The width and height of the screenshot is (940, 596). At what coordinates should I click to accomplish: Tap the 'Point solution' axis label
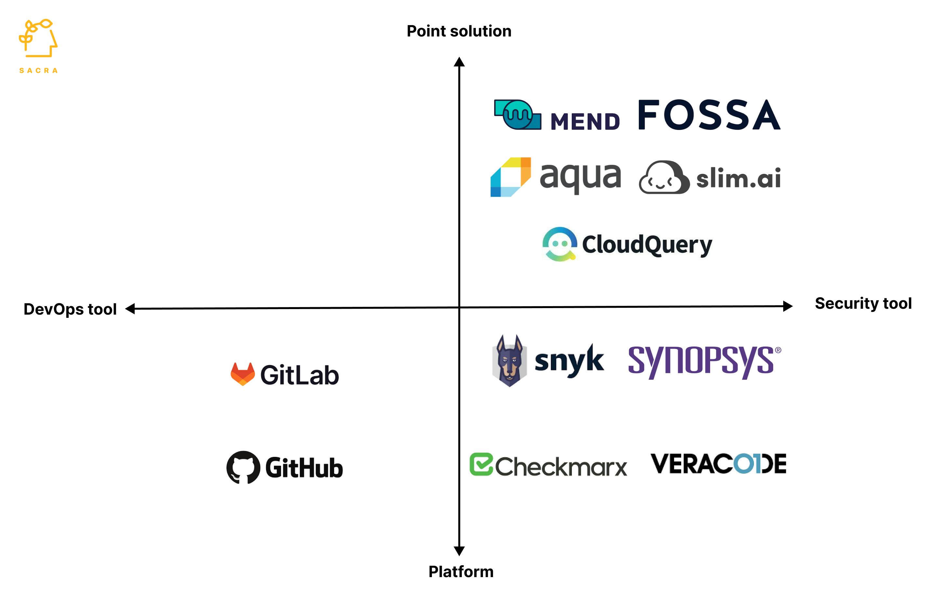(459, 31)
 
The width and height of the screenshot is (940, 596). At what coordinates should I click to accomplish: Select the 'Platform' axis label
(461, 571)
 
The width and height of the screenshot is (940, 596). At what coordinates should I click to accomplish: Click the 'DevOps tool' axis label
(70, 309)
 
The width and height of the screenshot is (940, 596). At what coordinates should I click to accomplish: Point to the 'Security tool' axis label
(863, 303)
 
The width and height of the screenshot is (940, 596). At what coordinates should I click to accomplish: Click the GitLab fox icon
(242, 374)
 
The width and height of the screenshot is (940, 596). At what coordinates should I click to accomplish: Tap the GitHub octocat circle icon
(243, 467)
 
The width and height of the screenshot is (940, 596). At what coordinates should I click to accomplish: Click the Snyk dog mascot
(509, 360)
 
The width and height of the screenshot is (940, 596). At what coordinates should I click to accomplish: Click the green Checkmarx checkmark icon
(481, 464)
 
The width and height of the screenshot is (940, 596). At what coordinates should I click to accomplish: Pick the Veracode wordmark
(718, 463)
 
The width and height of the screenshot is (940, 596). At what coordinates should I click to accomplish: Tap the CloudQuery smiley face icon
(560, 244)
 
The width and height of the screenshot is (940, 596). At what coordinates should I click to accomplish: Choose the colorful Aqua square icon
(511, 177)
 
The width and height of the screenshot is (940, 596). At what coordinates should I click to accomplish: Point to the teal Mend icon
(517, 115)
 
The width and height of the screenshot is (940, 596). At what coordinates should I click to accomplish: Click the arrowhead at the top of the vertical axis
(459, 62)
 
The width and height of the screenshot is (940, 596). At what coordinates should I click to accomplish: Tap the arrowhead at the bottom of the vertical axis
(459, 551)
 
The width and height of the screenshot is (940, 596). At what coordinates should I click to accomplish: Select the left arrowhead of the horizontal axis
(130, 309)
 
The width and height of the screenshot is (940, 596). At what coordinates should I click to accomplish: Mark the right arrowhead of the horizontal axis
(788, 306)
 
